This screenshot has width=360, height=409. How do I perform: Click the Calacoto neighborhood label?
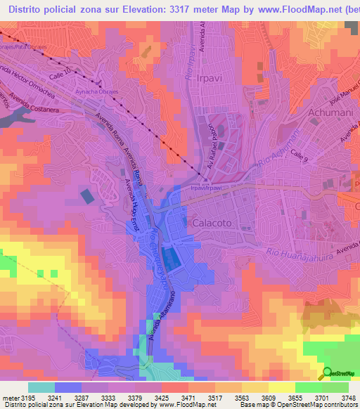[x=209, y=223]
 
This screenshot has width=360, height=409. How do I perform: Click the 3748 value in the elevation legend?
[x=339, y=397]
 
